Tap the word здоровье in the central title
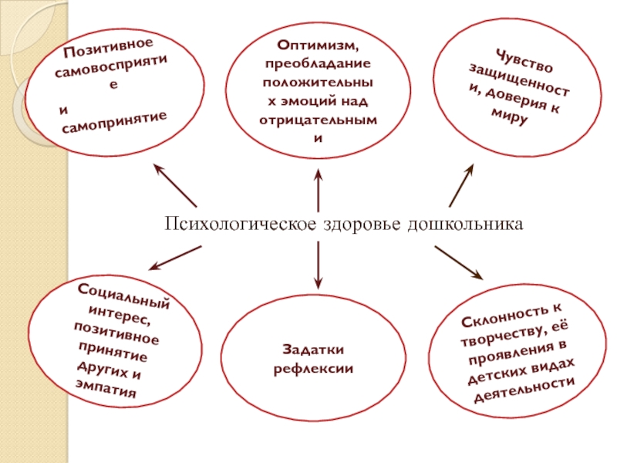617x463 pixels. [x=346, y=224]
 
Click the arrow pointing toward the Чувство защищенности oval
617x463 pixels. [x=461, y=183]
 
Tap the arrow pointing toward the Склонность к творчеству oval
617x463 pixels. [x=458, y=262]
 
